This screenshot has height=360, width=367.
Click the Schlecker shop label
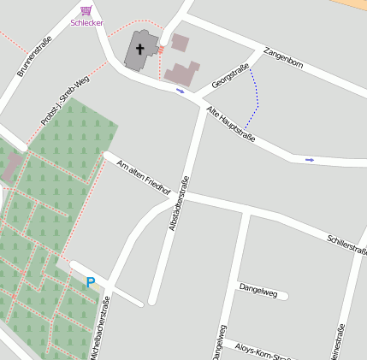click(x=86, y=23)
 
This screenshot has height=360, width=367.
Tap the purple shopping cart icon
click(x=86, y=10)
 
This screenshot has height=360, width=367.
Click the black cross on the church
click(x=139, y=50)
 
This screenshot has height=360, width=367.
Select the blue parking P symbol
click(x=91, y=281)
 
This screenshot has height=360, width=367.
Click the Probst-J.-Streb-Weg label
click(x=64, y=101)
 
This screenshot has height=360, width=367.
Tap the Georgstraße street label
click(x=230, y=76)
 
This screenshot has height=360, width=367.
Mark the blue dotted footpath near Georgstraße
click(x=254, y=98)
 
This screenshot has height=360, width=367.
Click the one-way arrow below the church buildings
click(x=180, y=90)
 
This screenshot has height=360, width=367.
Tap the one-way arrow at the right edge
click(x=310, y=159)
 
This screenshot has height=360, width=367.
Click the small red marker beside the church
click(x=160, y=50)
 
